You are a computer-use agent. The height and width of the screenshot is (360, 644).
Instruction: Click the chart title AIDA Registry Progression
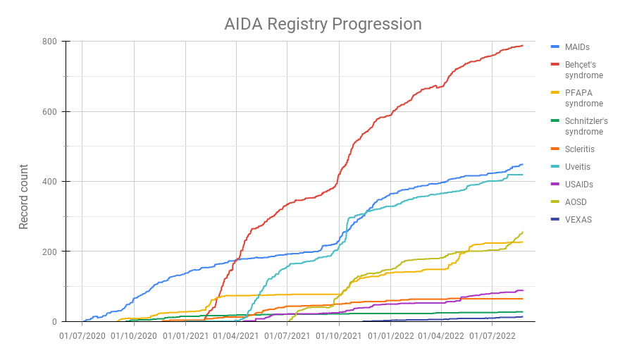pos(323,24)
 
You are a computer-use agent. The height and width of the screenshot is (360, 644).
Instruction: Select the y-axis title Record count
pos(24,197)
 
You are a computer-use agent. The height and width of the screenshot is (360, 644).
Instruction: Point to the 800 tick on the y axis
pos(49,42)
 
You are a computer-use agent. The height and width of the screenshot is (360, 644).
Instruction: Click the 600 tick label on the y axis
pos(49,111)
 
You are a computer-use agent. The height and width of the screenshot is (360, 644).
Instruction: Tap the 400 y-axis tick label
pos(49,182)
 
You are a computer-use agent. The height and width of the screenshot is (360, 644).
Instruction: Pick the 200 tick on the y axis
pos(49,252)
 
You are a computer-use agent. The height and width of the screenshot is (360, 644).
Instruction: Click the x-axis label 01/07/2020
pos(82,336)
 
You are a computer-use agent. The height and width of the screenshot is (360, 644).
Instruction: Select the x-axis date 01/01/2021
pos(186,336)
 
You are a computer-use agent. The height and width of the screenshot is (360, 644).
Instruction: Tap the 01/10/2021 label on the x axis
pos(340,336)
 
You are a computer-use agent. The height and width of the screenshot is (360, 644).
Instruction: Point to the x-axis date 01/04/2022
pos(442,336)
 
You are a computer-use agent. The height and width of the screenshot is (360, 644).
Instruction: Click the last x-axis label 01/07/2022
pos(493,336)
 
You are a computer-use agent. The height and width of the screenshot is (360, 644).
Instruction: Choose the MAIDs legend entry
pos(577,47)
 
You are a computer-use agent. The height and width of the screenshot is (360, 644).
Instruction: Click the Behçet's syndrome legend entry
pos(583,70)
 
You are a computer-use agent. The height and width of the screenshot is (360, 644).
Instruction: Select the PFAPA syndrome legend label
pos(583,98)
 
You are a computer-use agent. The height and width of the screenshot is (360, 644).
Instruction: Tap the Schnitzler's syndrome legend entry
pos(586,126)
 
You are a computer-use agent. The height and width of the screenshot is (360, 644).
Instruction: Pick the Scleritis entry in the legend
pos(579,149)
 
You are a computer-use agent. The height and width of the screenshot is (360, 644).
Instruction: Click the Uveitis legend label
pos(577,167)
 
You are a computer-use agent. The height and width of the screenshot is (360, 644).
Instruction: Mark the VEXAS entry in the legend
pos(578,220)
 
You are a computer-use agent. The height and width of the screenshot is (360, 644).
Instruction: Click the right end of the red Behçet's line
pos(522,46)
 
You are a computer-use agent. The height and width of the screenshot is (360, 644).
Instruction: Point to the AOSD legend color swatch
pos(555,202)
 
